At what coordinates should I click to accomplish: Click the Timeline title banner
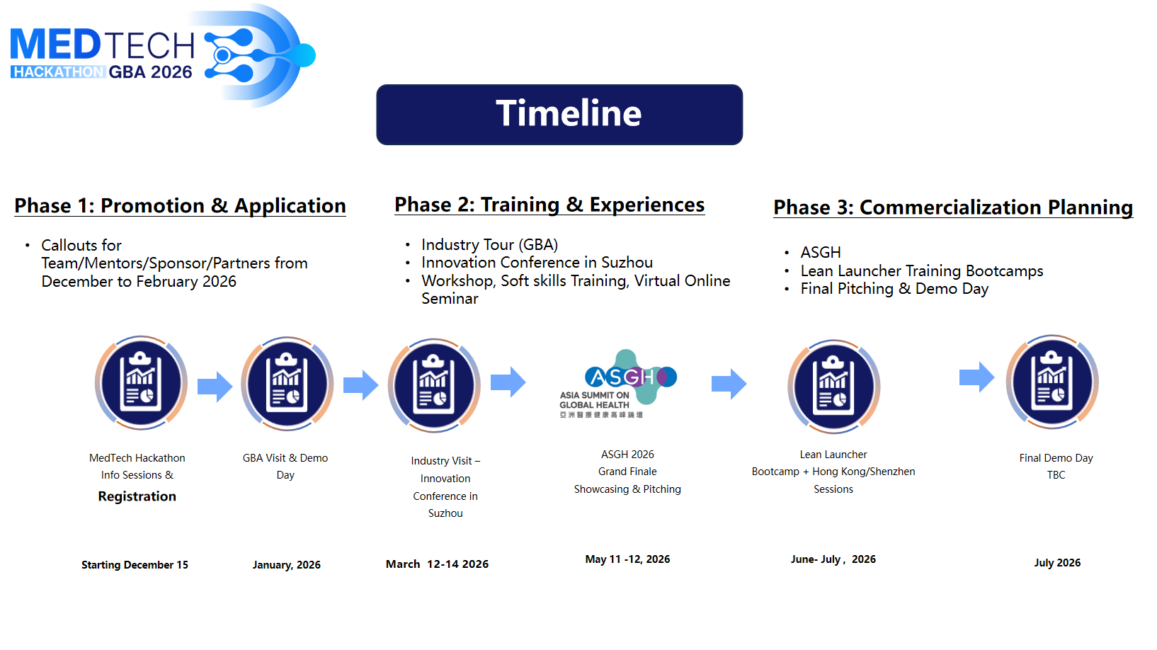point(559,114)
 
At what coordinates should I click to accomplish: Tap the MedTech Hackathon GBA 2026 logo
point(163,55)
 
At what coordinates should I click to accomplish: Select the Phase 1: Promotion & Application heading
point(180,205)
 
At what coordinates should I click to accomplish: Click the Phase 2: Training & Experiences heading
point(549,205)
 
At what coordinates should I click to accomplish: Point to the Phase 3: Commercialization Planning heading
point(953,207)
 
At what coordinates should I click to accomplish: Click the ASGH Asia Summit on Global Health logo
point(617,383)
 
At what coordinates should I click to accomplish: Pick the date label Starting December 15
point(135,565)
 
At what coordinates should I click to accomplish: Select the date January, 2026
point(287,565)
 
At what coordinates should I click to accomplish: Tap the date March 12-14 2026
point(437,564)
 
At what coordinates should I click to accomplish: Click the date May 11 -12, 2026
point(627,559)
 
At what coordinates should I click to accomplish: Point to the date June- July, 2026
point(833,559)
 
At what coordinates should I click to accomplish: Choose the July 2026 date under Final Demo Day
point(1057,563)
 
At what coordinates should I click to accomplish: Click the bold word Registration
point(137,496)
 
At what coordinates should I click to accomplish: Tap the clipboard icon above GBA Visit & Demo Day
point(287,384)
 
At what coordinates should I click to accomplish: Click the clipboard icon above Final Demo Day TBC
point(1052,382)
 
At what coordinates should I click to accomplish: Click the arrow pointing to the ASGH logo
point(508,382)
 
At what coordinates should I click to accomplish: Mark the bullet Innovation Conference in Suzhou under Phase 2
point(537,263)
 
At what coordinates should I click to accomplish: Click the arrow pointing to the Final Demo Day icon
point(976,377)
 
